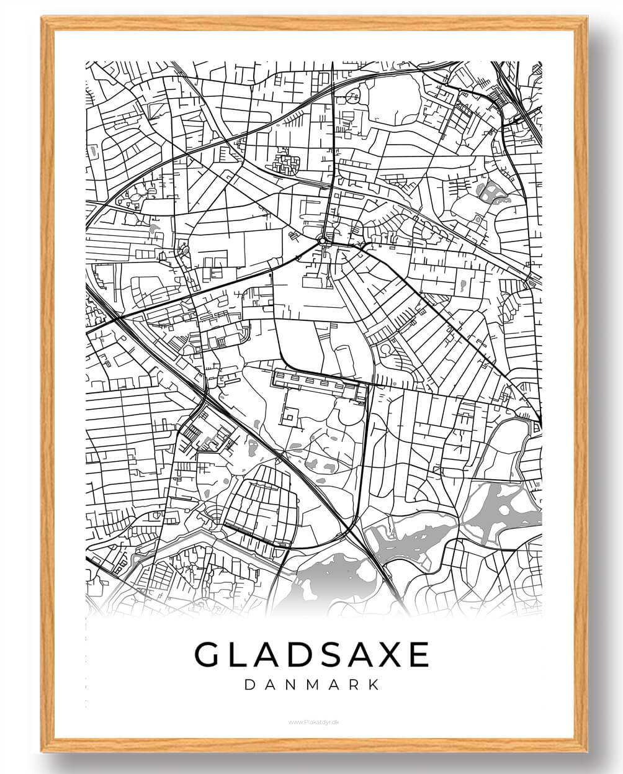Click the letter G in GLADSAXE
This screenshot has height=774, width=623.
(208, 654)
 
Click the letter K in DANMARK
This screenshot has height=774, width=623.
(373, 685)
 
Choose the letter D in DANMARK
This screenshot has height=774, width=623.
(249, 685)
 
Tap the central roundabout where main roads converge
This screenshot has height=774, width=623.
(323, 240)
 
